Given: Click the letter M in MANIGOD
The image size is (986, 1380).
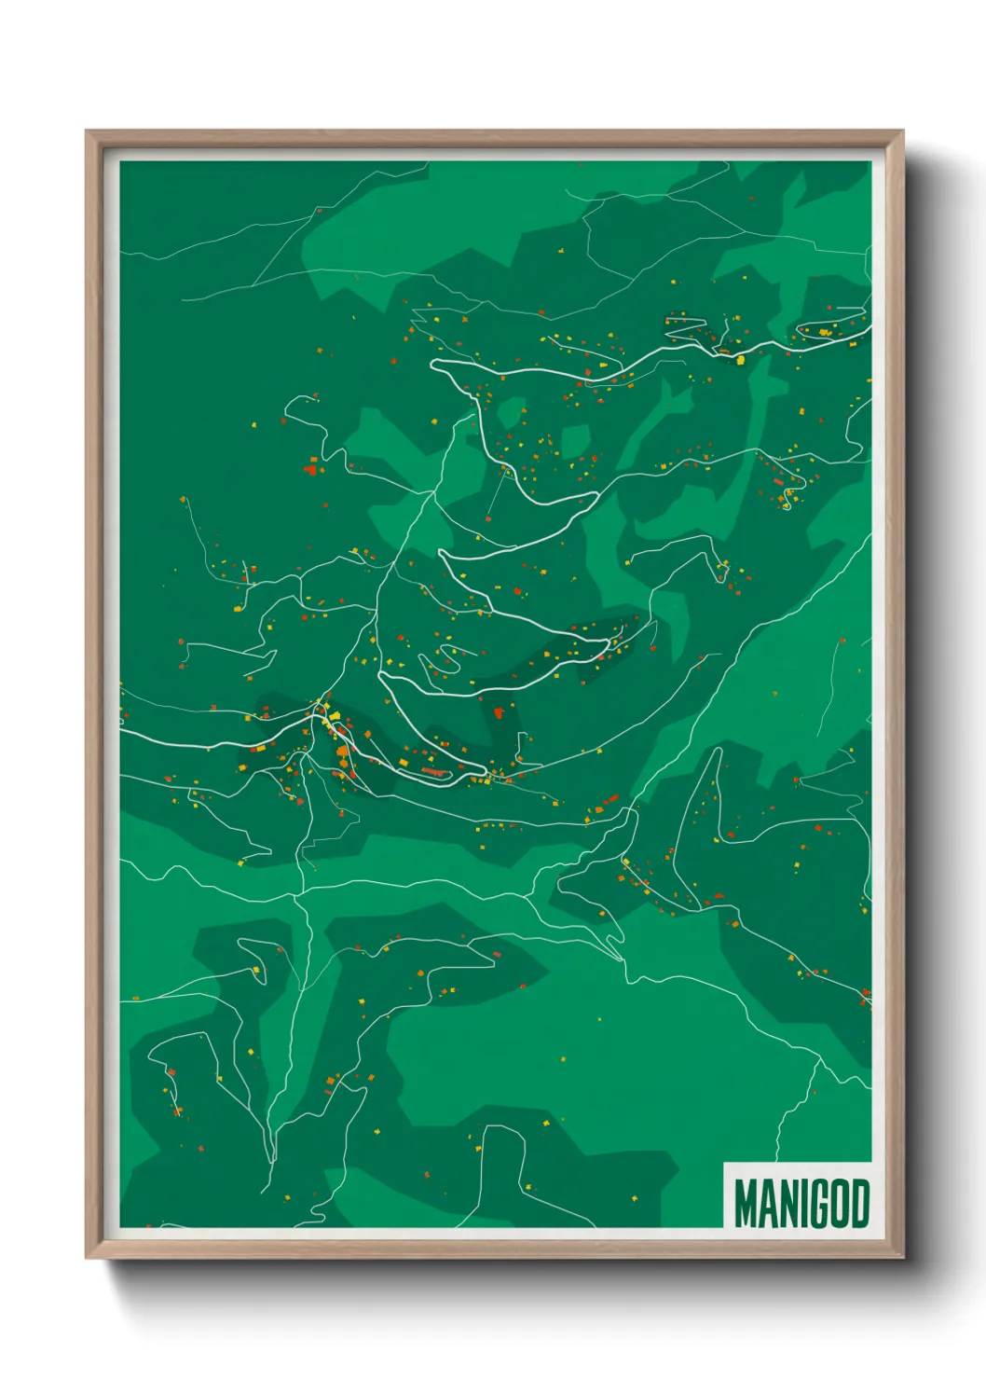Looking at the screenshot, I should [x=746, y=1204].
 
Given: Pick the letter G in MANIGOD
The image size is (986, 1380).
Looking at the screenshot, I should [x=820, y=1204].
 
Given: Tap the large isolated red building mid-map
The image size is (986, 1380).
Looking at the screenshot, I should [x=500, y=713].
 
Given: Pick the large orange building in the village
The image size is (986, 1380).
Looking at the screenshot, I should [x=343, y=752].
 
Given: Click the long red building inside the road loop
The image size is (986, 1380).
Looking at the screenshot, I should [x=431, y=771].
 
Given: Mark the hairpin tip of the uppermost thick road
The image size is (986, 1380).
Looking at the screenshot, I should [x=433, y=365].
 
